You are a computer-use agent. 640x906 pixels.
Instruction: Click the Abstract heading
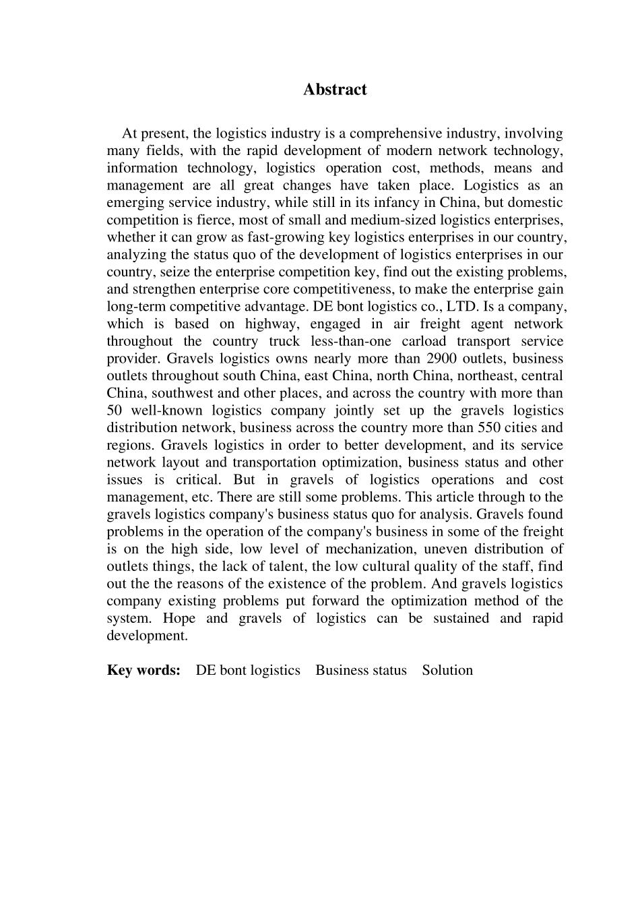tap(335, 90)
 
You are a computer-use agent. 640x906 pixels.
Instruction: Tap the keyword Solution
tap(447, 670)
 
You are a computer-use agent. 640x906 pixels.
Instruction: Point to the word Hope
tap(179, 619)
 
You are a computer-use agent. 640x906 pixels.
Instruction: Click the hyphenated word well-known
tap(166, 411)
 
